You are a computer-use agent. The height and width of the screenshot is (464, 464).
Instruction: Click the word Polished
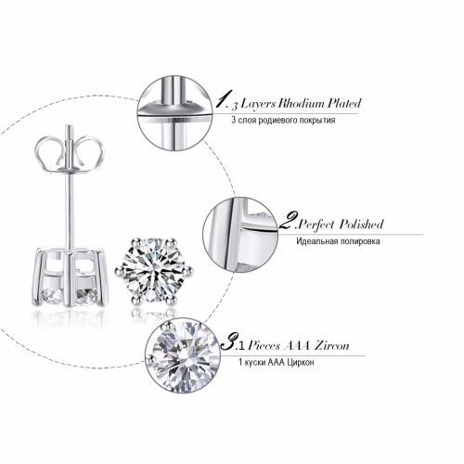click(x=362, y=224)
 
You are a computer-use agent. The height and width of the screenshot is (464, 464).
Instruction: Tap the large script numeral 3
click(x=229, y=342)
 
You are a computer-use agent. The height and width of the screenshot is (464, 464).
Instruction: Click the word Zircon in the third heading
click(x=332, y=345)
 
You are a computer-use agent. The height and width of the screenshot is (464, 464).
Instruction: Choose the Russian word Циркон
click(x=301, y=362)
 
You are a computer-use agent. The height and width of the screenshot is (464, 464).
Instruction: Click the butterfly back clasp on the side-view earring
click(x=70, y=153)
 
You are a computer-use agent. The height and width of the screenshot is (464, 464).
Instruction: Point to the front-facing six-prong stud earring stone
click(x=154, y=271)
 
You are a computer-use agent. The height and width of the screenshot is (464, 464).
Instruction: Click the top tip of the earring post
click(x=70, y=125)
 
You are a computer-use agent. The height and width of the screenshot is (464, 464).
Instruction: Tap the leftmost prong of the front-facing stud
click(x=119, y=271)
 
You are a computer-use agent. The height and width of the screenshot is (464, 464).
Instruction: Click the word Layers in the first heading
click(x=258, y=104)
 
